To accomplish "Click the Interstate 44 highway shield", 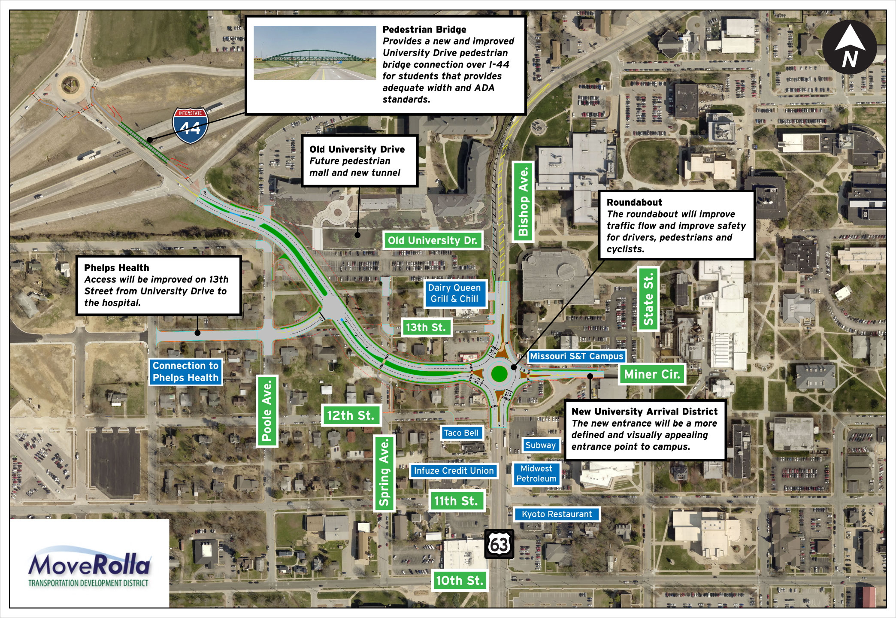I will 190,125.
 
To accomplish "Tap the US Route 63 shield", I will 499,544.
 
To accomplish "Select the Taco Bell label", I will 461,433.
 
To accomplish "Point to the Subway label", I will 540,445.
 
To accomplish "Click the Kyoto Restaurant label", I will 557,514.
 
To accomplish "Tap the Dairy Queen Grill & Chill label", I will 454,294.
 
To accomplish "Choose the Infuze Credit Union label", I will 454,471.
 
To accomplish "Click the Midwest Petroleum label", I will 536,474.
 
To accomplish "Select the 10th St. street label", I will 460,581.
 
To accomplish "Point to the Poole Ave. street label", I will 267,411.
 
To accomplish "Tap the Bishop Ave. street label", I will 523,202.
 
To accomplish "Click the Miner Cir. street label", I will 652,374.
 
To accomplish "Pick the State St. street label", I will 648,299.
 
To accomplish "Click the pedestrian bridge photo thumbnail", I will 315,53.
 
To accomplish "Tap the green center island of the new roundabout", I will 499,373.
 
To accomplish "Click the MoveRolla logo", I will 89,566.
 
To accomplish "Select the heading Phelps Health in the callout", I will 117,268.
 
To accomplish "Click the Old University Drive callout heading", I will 357,149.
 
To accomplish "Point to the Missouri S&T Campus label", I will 576,356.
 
